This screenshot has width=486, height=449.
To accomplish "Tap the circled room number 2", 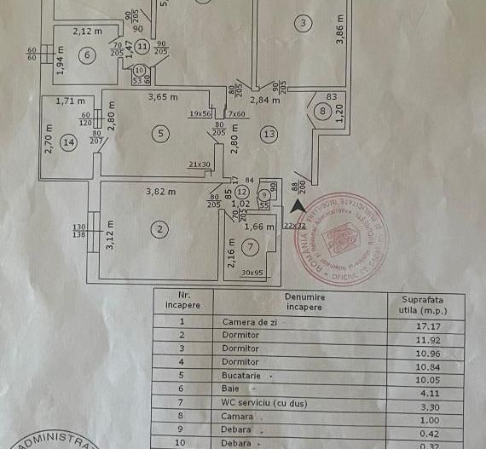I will [159, 228].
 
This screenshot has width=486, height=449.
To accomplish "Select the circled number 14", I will [68, 143].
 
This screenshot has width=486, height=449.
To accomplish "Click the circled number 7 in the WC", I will [249, 248].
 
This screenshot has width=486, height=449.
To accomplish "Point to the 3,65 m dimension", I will [162, 97].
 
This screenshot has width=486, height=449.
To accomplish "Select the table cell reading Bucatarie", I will [240, 376].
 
